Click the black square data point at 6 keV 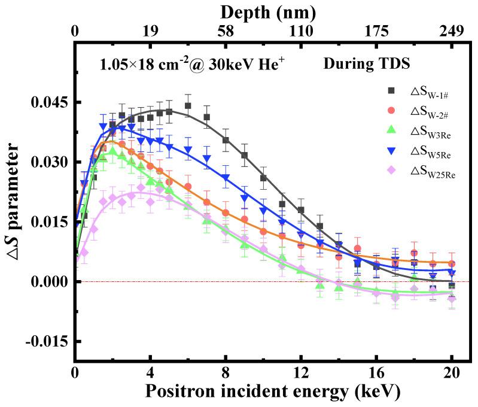[188, 106]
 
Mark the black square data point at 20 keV [452, 285]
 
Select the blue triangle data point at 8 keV [226, 178]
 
